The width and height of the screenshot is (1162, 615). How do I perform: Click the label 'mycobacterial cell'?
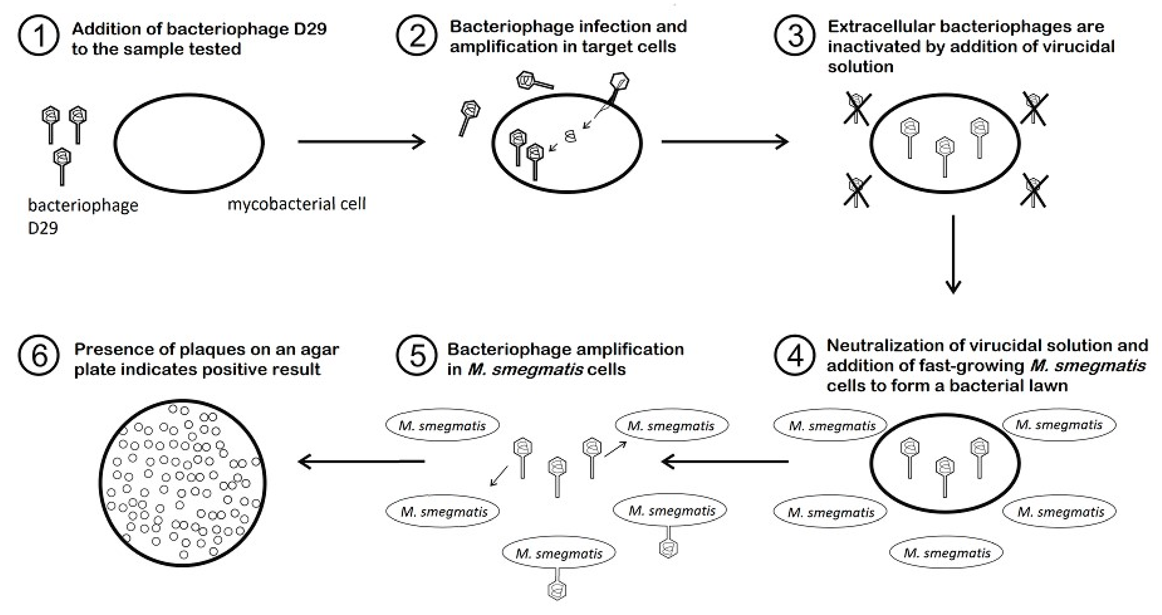point(296,204)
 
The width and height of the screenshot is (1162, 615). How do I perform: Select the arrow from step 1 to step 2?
point(361,142)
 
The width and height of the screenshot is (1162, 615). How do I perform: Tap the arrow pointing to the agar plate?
point(361,461)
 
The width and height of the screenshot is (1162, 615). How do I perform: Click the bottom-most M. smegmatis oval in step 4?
point(946,553)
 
